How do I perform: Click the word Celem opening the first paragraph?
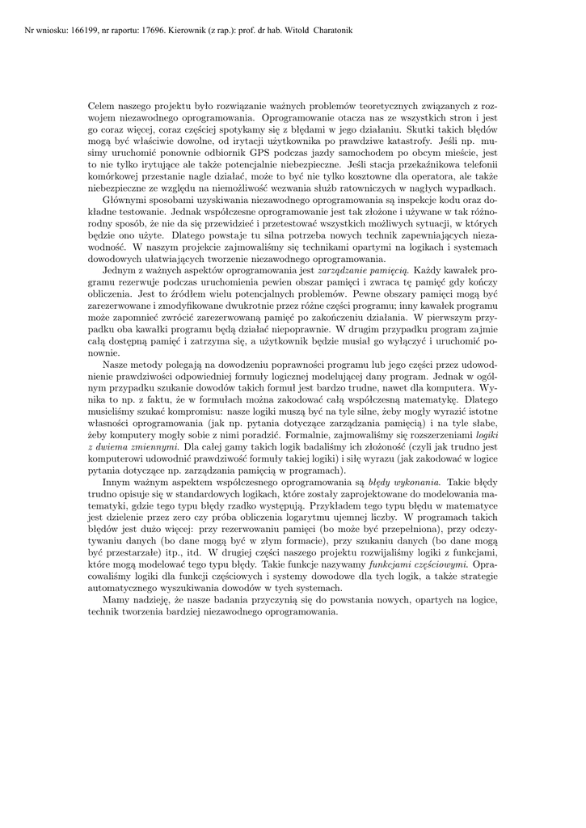(103, 107)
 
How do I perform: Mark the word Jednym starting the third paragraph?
(120, 266)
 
